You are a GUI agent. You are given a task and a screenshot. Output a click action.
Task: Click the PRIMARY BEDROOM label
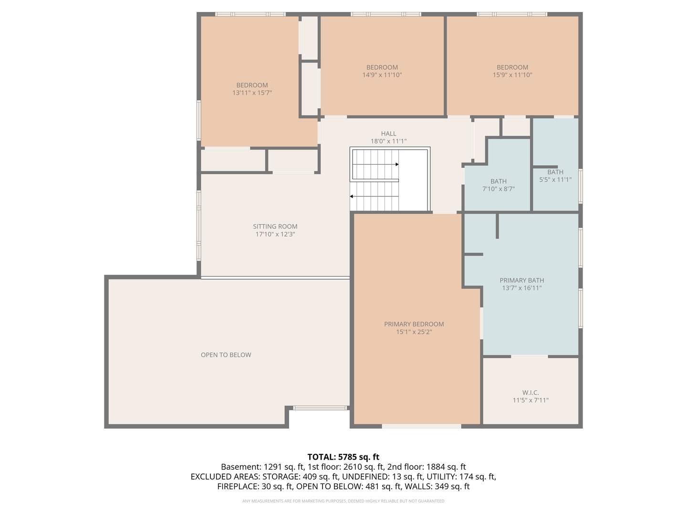pyautogui.click(x=414, y=324)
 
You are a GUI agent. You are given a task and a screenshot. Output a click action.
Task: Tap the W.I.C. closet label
pyautogui.click(x=531, y=393)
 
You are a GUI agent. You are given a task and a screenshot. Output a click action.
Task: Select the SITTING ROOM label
pyautogui.click(x=275, y=227)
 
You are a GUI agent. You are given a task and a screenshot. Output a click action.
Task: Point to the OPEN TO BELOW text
pyautogui.click(x=226, y=355)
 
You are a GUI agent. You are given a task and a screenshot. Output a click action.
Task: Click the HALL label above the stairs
pyautogui.click(x=388, y=134)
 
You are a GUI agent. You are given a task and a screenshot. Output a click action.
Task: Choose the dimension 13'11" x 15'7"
pyautogui.click(x=252, y=93)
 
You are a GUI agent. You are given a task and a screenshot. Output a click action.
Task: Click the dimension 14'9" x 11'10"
pyautogui.click(x=382, y=75)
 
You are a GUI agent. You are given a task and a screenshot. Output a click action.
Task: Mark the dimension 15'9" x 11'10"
pyautogui.click(x=512, y=75)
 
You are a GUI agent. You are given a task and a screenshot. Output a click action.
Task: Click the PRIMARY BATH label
pyautogui.click(x=521, y=280)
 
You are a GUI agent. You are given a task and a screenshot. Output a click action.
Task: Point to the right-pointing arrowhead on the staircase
pyautogui.click(x=396, y=165)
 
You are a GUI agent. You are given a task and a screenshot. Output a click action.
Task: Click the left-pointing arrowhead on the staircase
pyautogui.click(x=352, y=196)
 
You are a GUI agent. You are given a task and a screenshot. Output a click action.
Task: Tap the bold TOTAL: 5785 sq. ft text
pyautogui.click(x=343, y=457)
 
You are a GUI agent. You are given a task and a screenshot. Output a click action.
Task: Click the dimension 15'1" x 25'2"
pyautogui.click(x=414, y=332)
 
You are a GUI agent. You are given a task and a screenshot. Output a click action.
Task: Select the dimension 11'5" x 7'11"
pyautogui.click(x=531, y=401)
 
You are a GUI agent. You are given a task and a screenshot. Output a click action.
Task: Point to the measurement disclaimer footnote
pyautogui.click(x=343, y=501)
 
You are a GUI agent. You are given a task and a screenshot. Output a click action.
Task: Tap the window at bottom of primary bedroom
pyautogui.click(x=421, y=426)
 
